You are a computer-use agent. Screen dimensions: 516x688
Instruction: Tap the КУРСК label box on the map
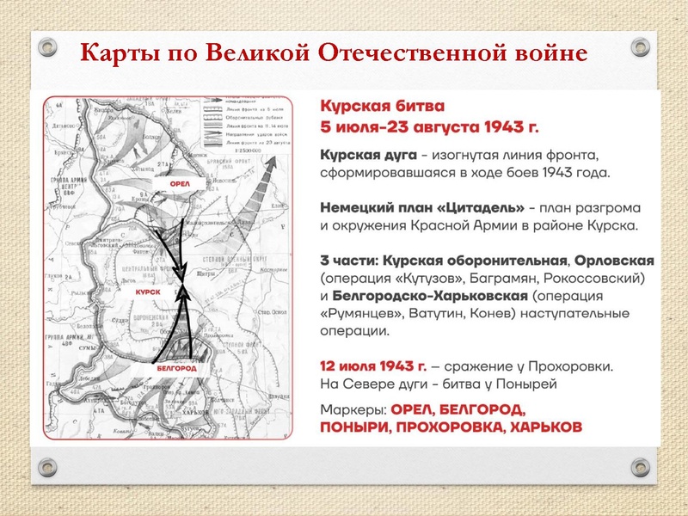click(148, 292)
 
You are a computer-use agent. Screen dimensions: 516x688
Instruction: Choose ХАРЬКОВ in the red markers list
click(545, 427)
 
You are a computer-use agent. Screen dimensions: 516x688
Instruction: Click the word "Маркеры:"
click(351, 408)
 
